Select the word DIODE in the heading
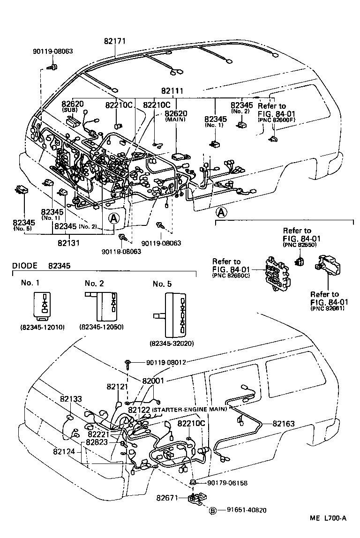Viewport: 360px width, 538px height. click(x=25, y=266)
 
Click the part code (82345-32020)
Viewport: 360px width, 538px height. click(x=172, y=344)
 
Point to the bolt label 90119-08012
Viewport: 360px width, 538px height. click(x=166, y=362)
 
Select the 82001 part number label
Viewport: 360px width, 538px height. click(x=152, y=381)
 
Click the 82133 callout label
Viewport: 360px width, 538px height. click(x=71, y=399)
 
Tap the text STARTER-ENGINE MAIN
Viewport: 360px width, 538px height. click(x=189, y=409)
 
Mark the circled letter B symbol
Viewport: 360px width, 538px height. click(x=212, y=510)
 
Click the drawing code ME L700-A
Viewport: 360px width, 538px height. click(x=328, y=531)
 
